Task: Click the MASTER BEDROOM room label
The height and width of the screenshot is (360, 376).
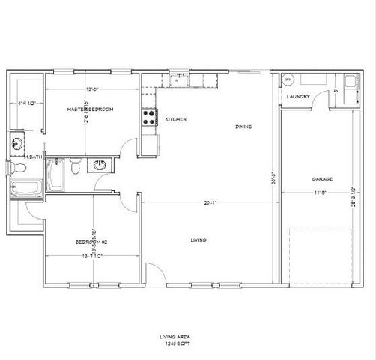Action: (90, 109)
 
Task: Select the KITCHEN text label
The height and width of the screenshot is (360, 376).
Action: (175, 120)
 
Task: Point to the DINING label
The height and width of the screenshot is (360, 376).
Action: (243, 127)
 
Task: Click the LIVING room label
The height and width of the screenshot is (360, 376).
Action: (198, 239)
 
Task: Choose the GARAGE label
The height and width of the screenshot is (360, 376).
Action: (322, 179)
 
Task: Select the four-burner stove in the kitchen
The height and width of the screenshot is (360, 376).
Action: (149, 116)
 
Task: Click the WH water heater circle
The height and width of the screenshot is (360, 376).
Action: (288, 79)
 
